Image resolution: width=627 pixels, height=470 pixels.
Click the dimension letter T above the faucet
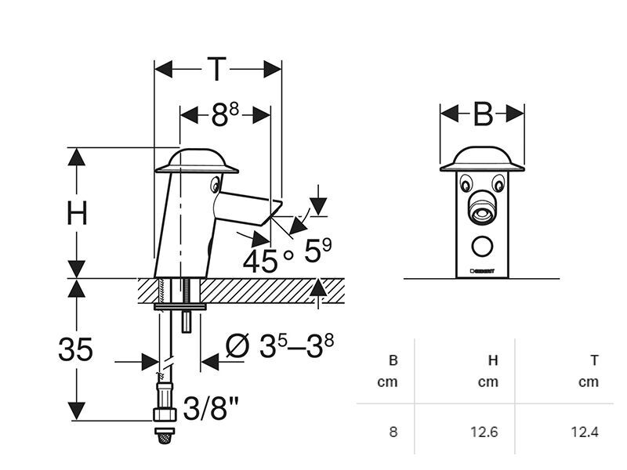tap(216, 69)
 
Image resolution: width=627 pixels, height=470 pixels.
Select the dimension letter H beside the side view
tap(76, 213)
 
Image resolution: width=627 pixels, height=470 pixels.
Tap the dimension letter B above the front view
tap(482, 114)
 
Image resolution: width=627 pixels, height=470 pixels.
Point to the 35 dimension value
tap(75, 349)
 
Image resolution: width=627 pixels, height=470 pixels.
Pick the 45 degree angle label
tap(260, 259)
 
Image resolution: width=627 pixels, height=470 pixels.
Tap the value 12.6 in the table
tap(484, 431)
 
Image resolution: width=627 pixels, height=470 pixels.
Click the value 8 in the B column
tap(393, 431)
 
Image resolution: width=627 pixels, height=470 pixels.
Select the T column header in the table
tap(595, 360)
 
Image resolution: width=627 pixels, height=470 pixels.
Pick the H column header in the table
tap(493, 360)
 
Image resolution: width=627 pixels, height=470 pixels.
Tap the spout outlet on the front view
tap(481, 212)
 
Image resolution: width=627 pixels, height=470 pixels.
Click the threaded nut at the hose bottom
tap(165, 413)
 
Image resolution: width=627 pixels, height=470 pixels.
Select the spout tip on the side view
tap(274, 209)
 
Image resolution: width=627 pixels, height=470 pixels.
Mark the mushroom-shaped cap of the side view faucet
tap(197, 161)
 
